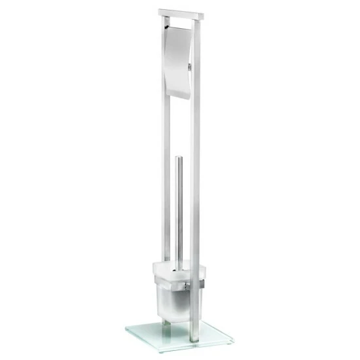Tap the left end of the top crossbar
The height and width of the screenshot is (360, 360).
click(x=160, y=12)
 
